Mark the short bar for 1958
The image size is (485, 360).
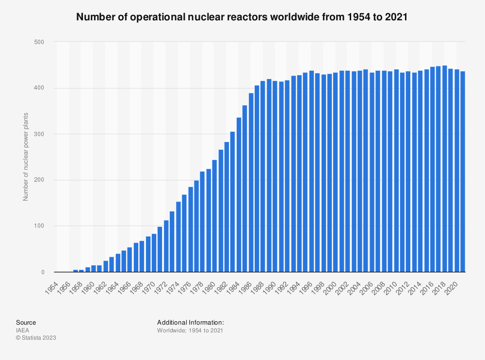pyautogui.click(x=81, y=271)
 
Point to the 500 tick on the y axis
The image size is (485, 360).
pyautogui.click(x=38, y=42)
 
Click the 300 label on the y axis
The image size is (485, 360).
pyautogui.click(x=38, y=134)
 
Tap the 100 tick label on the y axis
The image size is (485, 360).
pyautogui.click(x=38, y=226)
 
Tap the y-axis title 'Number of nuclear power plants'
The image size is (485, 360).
pyautogui.click(x=26, y=157)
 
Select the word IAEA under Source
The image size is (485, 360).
pyautogui.click(x=22, y=330)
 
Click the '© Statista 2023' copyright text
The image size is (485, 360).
pyautogui.click(x=36, y=338)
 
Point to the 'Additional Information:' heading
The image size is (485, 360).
pyautogui.click(x=190, y=322)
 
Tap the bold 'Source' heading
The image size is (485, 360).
pyautogui.click(x=26, y=322)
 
